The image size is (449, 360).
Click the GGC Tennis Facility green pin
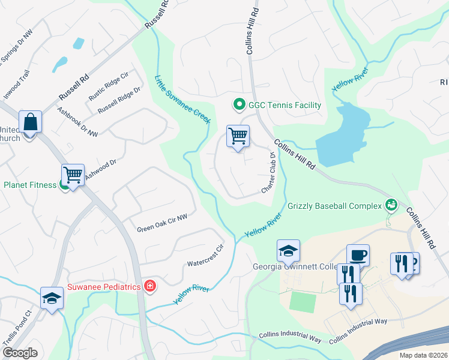[238, 106]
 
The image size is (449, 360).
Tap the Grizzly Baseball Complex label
[334, 206]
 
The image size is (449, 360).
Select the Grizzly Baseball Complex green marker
[391, 205]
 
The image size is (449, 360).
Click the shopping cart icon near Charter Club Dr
[238, 136]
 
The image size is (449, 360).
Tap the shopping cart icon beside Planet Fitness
[73, 175]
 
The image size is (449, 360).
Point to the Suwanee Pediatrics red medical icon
[149, 287]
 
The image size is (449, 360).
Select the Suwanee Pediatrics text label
[104, 287]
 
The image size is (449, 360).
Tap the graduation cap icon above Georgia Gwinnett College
[288, 250]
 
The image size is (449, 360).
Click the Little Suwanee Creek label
[182, 100]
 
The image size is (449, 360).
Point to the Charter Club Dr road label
[268, 173]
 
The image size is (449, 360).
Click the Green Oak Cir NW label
[162, 225]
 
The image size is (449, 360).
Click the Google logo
[20, 353]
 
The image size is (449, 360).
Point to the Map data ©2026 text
[423, 355]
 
